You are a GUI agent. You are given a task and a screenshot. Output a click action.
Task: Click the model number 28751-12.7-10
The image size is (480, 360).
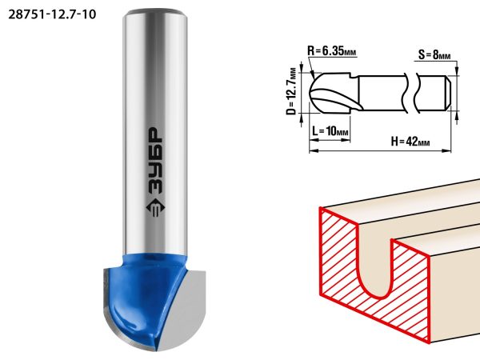(x=52, y=14)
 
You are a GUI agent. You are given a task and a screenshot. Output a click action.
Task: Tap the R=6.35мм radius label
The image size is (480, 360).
(x=332, y=50)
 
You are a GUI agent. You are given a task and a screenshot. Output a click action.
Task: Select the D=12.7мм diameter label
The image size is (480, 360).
(x=292, y=91)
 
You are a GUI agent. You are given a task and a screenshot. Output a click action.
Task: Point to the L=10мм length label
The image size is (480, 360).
(x=330, y=131)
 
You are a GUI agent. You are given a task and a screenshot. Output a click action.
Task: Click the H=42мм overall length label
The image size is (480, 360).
(x=410, y=142)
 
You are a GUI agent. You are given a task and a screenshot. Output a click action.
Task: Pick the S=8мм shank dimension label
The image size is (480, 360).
(x=434, y=54)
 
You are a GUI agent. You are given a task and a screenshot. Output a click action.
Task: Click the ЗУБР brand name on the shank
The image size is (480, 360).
(x=155, y=161)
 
